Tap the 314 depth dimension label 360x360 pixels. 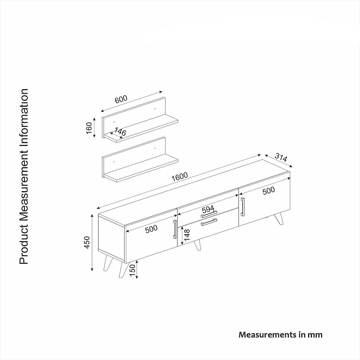(x=281, y=158)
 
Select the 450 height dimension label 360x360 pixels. (x=87, y=242)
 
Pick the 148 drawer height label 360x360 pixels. (x=187, y=235)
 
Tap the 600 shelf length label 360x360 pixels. (x=121, y=99)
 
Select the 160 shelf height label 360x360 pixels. (x=89, y=128)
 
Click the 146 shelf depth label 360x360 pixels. (x=120, y=131)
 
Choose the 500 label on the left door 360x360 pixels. (x=151, y=229)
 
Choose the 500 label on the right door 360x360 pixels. (x=268, y=191)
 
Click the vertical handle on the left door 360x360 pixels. (x=175, y=229)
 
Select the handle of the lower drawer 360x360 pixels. (x=209, y=222)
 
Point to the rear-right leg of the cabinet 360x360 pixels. (x=278, y=219)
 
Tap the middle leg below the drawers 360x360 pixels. (x=197, y=245)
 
